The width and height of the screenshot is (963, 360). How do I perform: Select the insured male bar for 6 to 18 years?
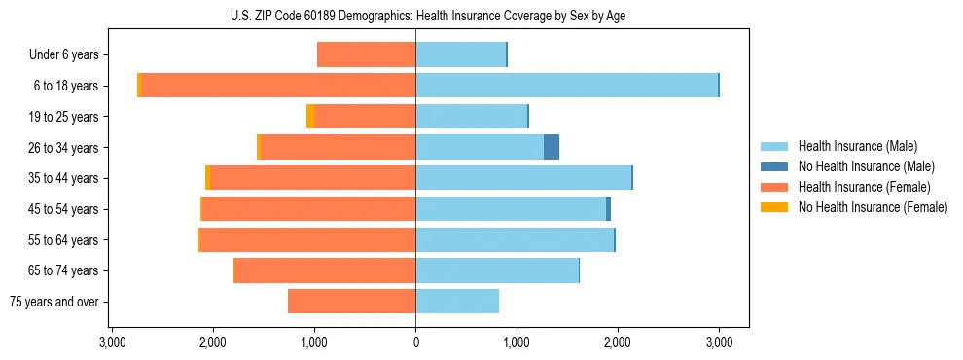pos(566,86)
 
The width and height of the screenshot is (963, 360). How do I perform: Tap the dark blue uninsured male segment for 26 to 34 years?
pos(552,147)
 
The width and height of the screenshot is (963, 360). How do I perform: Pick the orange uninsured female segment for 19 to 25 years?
pos(310,117)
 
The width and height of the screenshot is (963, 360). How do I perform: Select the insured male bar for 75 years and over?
pos(457,302)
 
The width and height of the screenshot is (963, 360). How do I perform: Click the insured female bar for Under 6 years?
pos(367,54)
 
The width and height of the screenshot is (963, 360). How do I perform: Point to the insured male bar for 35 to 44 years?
pos(523,178)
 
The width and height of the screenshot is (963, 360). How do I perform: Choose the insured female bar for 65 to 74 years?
pos(325,270)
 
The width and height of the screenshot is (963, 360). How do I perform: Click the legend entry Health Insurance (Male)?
pos(857,146)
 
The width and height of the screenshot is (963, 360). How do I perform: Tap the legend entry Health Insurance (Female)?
pos(864,187)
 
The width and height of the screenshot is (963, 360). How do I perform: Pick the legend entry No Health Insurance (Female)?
pos(873,207)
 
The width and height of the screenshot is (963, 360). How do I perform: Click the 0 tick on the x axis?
pos(415,342)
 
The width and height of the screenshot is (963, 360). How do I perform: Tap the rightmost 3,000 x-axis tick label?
pos(719,342)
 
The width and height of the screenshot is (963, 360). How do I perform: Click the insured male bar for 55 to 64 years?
pos(515,239)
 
